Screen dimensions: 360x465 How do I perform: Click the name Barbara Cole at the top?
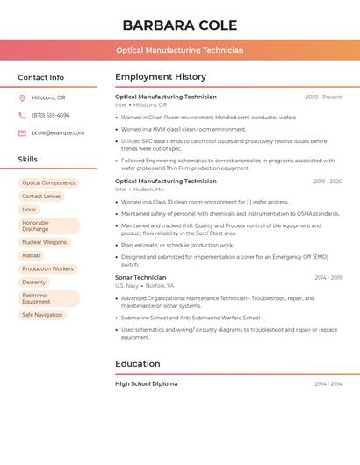[x=179, y=25]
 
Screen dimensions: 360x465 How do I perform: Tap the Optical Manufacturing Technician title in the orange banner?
[x=179, y=50]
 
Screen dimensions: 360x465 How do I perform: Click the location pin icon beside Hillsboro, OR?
[x=22, y=97]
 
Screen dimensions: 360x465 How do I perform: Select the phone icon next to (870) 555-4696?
[x=22, y=115]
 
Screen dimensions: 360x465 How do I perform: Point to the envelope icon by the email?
[x=22, y=133]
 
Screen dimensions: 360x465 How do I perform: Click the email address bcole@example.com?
[x=58, y=133]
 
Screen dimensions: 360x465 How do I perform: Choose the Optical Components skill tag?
[x=48, y=183]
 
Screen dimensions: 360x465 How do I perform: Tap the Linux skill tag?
[x=29, y=210]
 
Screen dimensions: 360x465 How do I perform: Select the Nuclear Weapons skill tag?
[x=44, y=242]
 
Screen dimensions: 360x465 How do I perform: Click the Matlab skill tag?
[x=31, y=255]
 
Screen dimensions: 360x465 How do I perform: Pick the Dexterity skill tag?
[x=34, y=283]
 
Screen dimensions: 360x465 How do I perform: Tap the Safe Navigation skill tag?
[x=42, y=315]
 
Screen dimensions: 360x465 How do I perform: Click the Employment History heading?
[x=161, y=77]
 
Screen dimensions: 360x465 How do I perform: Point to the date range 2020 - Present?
[x=323, y=97]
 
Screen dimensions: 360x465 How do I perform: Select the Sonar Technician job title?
[x=140, y=278]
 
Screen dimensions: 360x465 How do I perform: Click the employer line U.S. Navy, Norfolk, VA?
[x=145, y=286]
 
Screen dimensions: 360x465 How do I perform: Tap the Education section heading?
[x=138, y=364]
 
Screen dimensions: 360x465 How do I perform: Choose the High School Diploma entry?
[x=146, y=384]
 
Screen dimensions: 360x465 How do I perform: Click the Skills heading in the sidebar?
[x=28, y=160]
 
